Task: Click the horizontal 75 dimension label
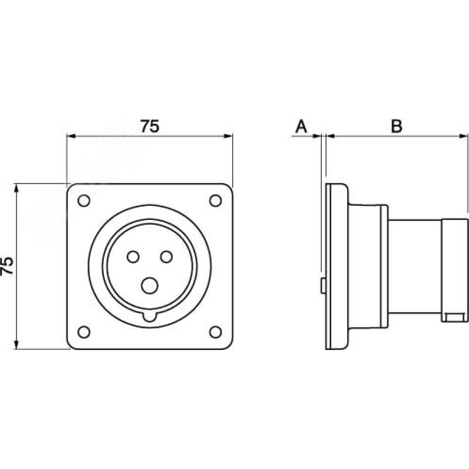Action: [x=149, y=126]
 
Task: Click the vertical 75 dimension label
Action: [x=8, y=266]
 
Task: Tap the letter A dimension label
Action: [x=301, y=126]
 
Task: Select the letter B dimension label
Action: [x=397, y=126]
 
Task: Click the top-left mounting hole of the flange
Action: [x=84, y=200]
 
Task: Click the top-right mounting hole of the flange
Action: [x=216, y=200]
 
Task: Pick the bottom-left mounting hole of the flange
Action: [x=84, y=332]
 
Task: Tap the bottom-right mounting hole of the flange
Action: [x=216, y=332]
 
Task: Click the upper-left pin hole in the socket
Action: [x=132, y=256]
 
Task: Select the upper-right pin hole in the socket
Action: [x=166, y=256]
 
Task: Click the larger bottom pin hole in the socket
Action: [x=149, y=286]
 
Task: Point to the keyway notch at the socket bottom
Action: [x=149, y=317]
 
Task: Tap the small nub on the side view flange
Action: [x=323, y=285]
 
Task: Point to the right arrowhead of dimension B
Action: [x=464, y=137]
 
